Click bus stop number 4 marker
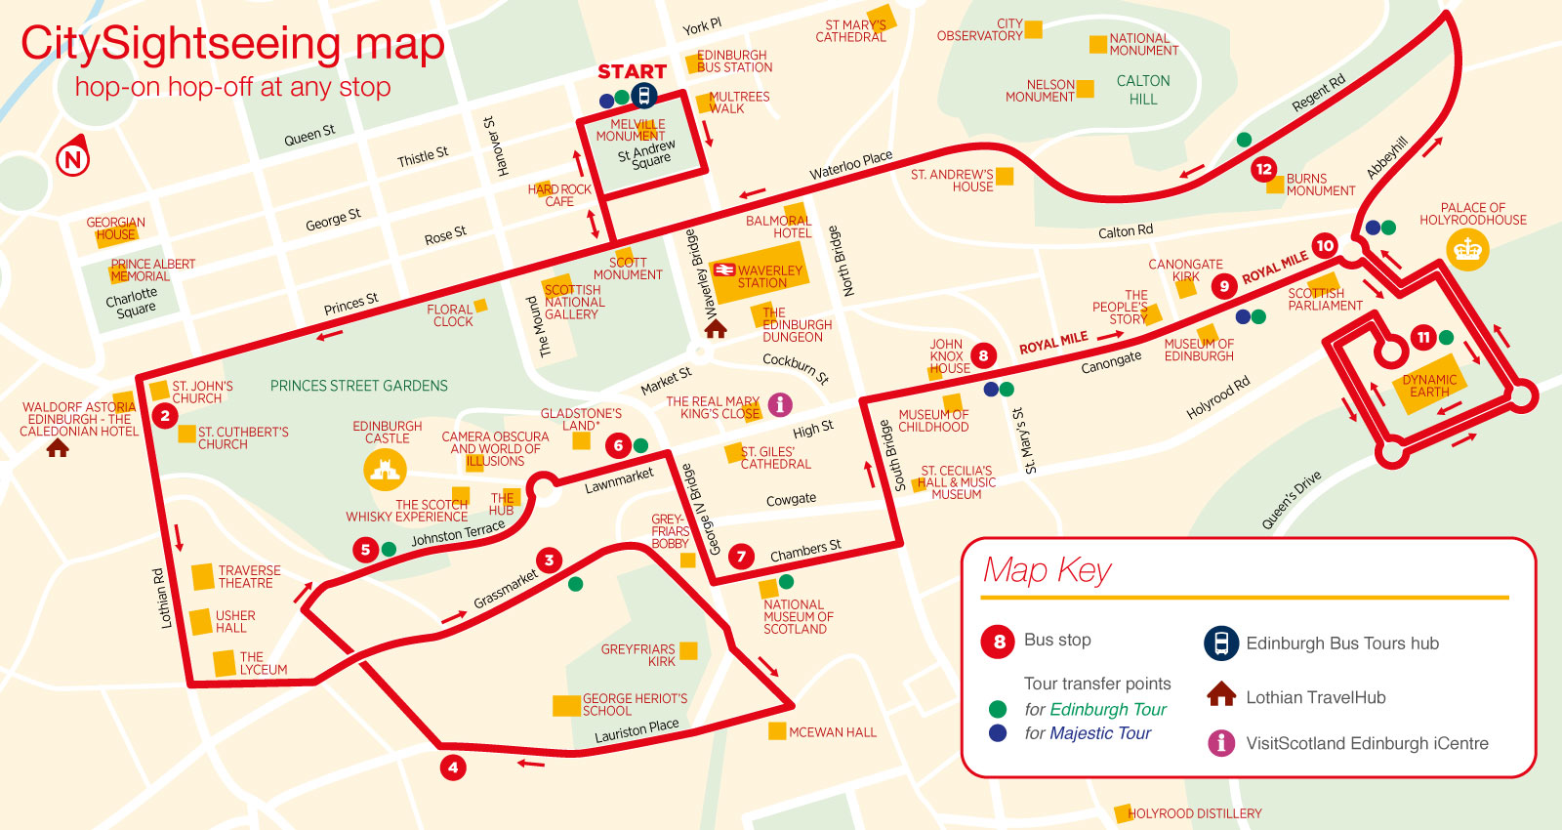coord(452,768)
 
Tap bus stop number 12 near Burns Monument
coord(1263,169)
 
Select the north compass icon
coord(73,158)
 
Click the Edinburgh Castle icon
coord(385,472)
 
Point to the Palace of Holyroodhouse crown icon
coord(1467,251)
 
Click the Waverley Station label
coord(768,277)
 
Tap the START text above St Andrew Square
coord(632,71)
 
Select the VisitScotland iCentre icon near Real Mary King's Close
coord(780,403)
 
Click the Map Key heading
coord(1048,570)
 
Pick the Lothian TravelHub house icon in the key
coord(1221,695)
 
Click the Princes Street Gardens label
coord(358,386)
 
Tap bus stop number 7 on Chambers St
coord(741,557)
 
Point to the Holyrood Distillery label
coord(1194,813)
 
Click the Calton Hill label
coord(1143,90)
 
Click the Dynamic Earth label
coord(1429,386)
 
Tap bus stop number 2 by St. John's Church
coord(164,416)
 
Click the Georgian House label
coord(115,228)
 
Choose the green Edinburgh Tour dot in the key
coord(997,709)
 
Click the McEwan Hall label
coord(832,732)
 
